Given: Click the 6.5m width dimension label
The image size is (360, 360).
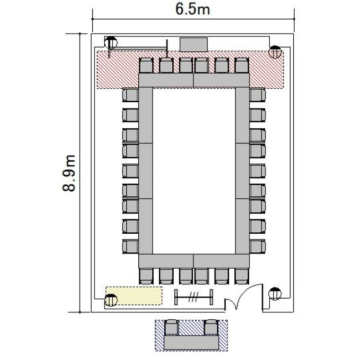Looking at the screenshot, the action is coord(192,10).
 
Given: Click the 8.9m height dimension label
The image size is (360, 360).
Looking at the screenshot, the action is coord(69,173).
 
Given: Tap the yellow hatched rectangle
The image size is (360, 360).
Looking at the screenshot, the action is coord(134,296).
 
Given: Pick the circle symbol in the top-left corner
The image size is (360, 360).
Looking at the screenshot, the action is coord(111,42).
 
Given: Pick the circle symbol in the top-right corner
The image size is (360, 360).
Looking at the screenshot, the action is coord(275,52).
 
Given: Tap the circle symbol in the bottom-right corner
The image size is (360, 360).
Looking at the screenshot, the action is coord(275,294).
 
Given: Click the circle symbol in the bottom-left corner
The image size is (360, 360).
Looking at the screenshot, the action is coord(111,300).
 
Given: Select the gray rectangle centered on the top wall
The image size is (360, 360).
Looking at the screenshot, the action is coord(194,45).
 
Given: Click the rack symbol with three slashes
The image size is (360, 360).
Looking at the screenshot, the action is coord(194,297).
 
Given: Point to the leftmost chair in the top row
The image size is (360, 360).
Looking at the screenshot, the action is coord(146,65).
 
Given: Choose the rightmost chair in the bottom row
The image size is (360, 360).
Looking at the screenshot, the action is coord(242,276).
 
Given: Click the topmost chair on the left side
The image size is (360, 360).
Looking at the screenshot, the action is coord(131,95).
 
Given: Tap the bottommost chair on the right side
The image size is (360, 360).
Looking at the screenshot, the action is coord(258,247).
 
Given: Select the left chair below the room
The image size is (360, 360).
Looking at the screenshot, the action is coord(171,327).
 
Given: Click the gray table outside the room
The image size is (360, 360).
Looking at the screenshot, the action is coord(191,343).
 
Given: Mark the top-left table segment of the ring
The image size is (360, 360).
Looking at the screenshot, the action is coord(166,80).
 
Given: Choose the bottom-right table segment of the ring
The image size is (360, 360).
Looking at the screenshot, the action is coord(221,261).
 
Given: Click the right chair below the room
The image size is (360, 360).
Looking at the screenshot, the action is coord(211,327).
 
